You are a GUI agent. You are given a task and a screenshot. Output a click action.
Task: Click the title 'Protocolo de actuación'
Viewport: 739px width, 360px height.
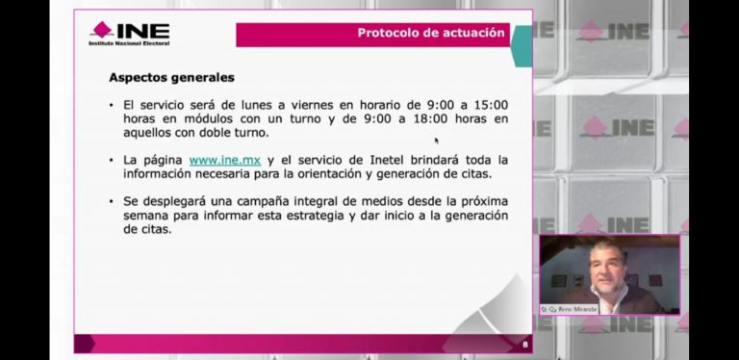[x=430, y=33]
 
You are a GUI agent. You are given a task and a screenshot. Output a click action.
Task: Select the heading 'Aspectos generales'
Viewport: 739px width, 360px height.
[x=171, y=77]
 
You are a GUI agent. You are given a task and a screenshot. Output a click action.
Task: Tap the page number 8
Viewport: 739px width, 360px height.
[x=524, y=344]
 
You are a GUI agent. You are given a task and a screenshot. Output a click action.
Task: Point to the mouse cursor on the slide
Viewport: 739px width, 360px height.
[x=437, y=141]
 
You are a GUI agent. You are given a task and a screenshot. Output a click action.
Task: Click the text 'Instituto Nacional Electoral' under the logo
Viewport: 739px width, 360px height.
[x=128, y=43]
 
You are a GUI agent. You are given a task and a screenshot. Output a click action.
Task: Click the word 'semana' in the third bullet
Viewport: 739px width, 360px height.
[x=144, y=216]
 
